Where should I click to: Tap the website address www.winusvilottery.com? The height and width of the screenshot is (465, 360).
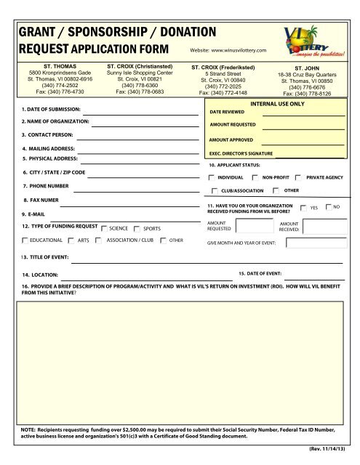tap(228, 49)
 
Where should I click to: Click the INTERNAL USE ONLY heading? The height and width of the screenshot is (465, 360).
tap(277, 105)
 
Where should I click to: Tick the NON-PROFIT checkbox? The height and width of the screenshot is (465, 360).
tap(255, 177)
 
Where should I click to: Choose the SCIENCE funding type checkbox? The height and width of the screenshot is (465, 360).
tap(103, 227)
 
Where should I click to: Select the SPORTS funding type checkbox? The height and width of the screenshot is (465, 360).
tap(137, 227)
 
